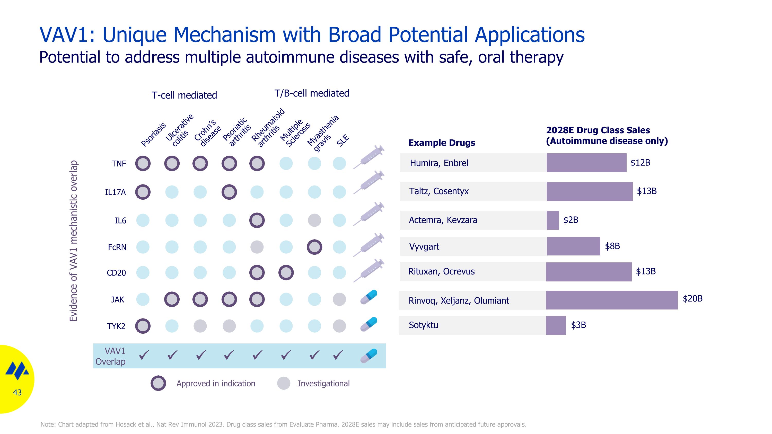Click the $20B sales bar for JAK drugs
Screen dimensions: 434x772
tap(611, 300)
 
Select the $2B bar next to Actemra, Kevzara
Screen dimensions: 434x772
tap(553, 220)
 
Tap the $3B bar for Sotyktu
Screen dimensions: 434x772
tap(556, 325)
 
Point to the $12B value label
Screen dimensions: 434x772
tap(640, 163)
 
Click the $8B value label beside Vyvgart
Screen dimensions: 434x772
tap(612, 246)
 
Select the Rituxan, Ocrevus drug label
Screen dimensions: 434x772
tap(441, 271)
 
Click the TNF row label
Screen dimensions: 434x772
tap(119, 164)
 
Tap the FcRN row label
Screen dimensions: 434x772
tap(117, 247)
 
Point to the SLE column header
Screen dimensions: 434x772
tap(343, 140)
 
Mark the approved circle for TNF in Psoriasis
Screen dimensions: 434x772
tap(143, 164)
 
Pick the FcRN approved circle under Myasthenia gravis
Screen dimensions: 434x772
tap(314, 247)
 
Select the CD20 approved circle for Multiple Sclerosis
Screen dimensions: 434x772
tap(286, 272)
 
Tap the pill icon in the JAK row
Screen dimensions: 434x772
tap(369, 297)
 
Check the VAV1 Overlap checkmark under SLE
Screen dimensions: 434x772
tap(338, 355)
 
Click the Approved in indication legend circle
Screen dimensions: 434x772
tap(158, 383)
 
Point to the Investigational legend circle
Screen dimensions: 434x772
tap(284, 383)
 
